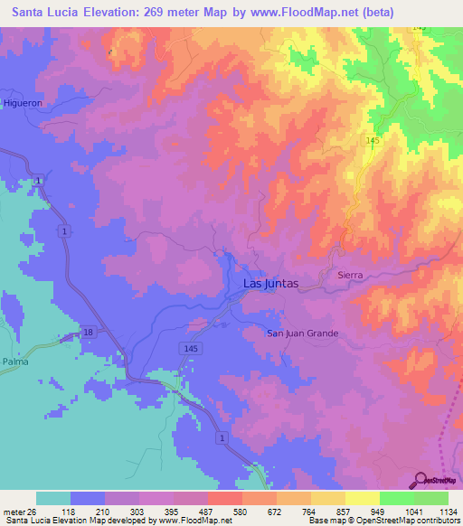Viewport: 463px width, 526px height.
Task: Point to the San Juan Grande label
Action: tap(302, 333)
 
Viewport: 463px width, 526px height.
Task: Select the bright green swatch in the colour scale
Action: tap(397, 498)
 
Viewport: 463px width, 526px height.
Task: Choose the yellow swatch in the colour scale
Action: tap(363, 498)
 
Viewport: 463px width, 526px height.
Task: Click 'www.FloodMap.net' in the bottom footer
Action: tap(182, 521)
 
